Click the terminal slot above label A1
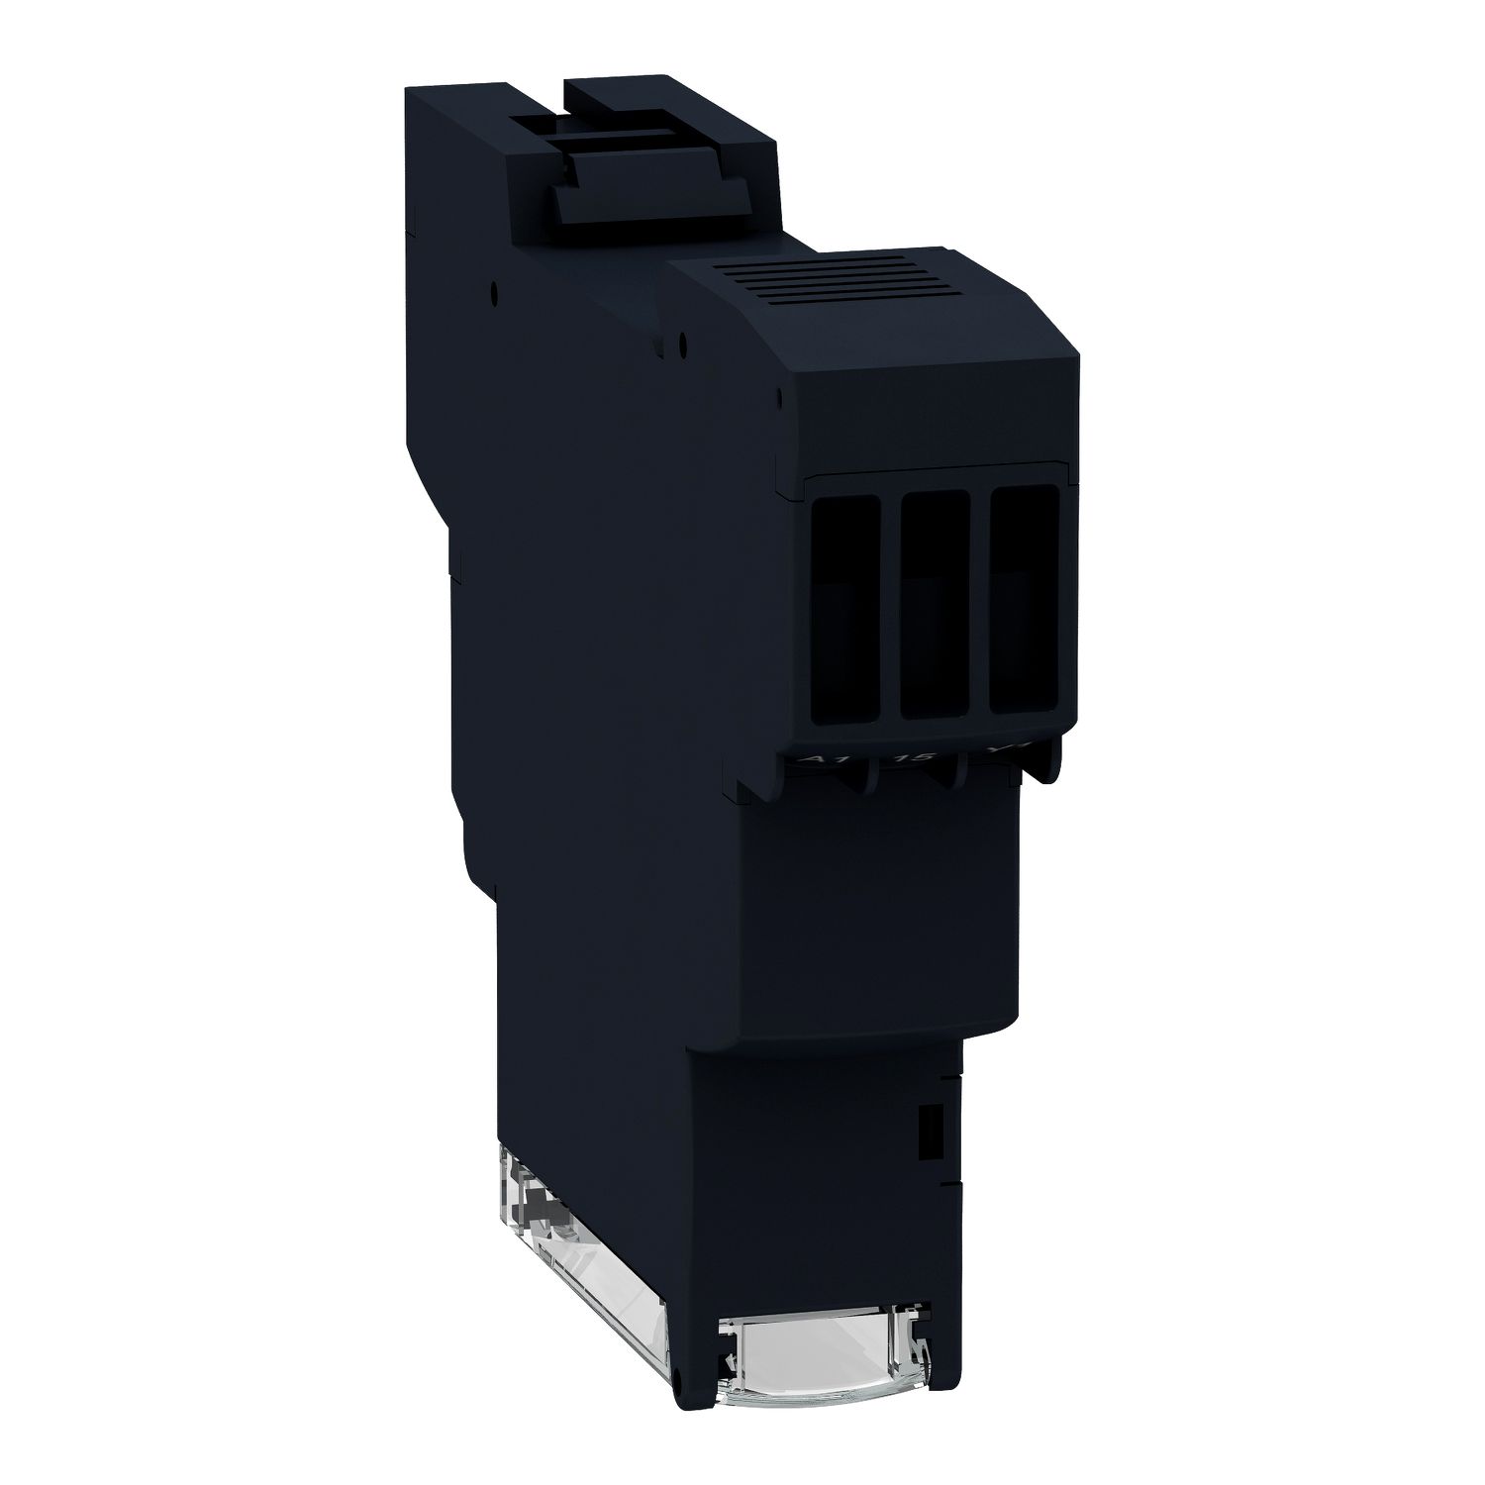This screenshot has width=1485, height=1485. click(x=845, y=609)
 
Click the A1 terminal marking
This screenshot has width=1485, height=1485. click(x=812, y=760)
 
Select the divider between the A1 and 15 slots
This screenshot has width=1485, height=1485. click(x=891, y=606)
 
